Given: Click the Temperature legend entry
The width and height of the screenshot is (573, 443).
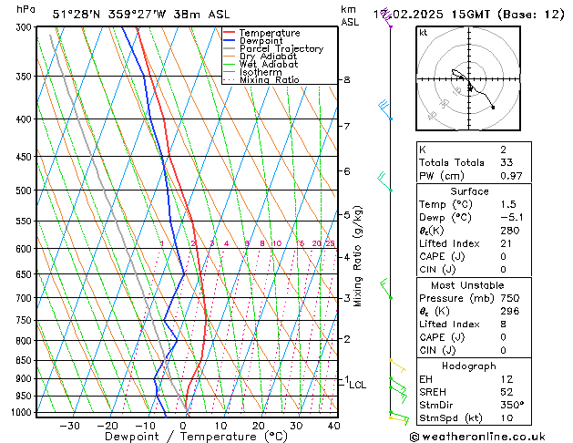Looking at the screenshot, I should click(271, 33).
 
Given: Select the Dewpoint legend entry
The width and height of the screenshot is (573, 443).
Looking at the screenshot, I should click(264, 41).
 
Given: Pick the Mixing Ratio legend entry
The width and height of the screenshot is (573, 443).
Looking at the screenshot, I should click(269, 80).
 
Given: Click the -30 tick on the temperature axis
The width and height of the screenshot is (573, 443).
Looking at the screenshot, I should click(69, 425).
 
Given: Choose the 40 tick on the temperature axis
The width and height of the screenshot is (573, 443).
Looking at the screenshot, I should click(333, 425).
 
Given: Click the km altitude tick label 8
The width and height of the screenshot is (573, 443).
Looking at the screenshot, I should click(346, 80).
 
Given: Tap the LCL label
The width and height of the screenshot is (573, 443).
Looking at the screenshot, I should click(358, 386).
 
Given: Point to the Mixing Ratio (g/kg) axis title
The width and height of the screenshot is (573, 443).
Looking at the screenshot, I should click(358, 256).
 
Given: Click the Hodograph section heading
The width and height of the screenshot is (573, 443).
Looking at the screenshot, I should click(468, 366).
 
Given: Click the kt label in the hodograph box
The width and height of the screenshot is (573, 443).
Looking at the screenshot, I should click(423, 33).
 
